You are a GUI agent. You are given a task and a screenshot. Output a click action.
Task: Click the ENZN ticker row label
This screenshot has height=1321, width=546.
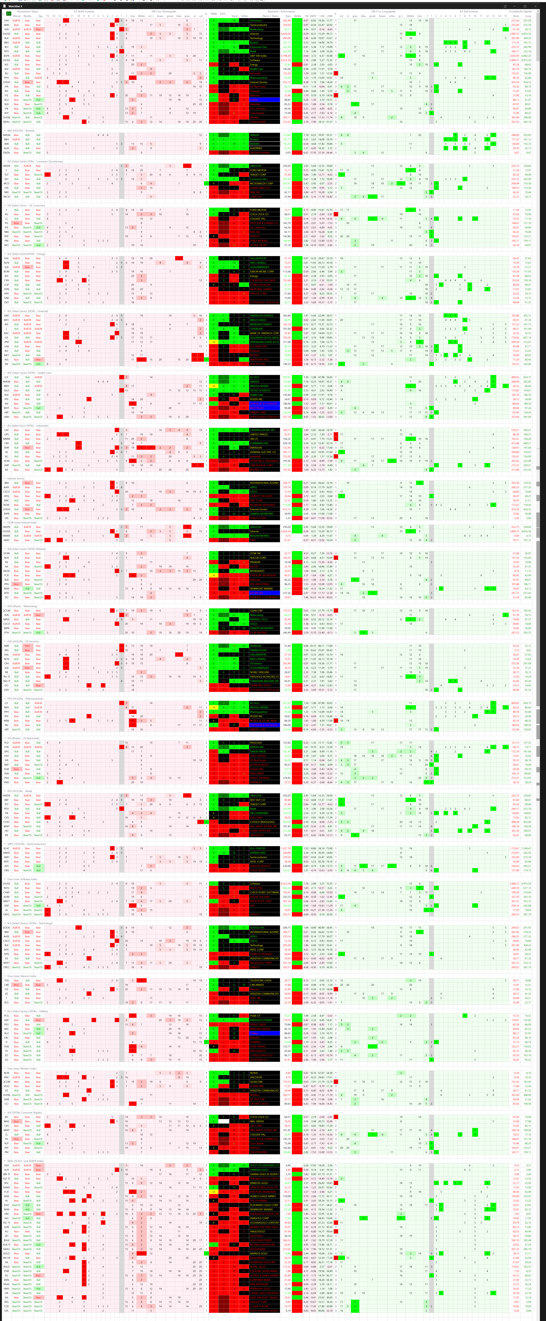coord(7,152)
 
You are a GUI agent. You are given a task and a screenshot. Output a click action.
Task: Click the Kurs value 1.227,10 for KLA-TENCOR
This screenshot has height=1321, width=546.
coord(285,848)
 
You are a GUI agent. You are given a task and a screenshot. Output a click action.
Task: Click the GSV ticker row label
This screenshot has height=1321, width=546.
coord(7,1165)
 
